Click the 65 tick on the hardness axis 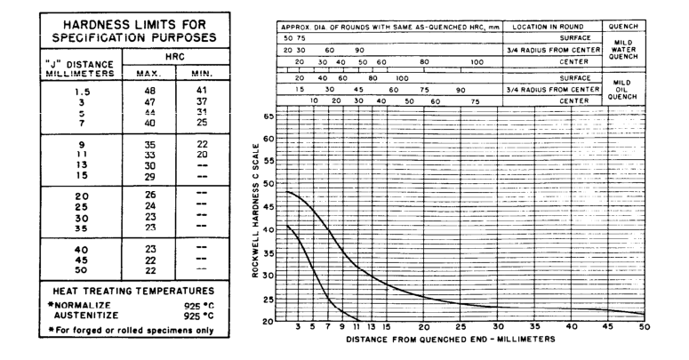coord(268,116)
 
